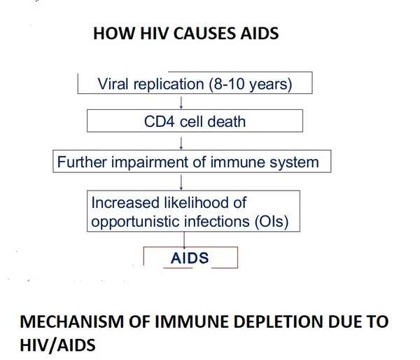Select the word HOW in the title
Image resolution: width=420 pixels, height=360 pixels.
(114, 34)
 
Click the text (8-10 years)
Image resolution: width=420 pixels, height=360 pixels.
(250, 84)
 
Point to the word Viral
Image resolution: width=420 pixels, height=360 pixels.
(113, 83)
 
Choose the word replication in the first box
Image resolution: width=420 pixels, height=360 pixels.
(169, 84)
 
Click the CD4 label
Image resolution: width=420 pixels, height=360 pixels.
(160, 121)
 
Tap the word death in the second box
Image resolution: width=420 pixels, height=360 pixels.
(227, 121)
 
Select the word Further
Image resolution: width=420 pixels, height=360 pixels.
(82, 162)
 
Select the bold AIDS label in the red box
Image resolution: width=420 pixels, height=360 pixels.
(190, 258)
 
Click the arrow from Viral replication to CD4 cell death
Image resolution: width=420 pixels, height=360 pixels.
(181, 103)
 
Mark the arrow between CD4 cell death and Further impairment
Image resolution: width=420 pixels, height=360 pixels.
(181, 144)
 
